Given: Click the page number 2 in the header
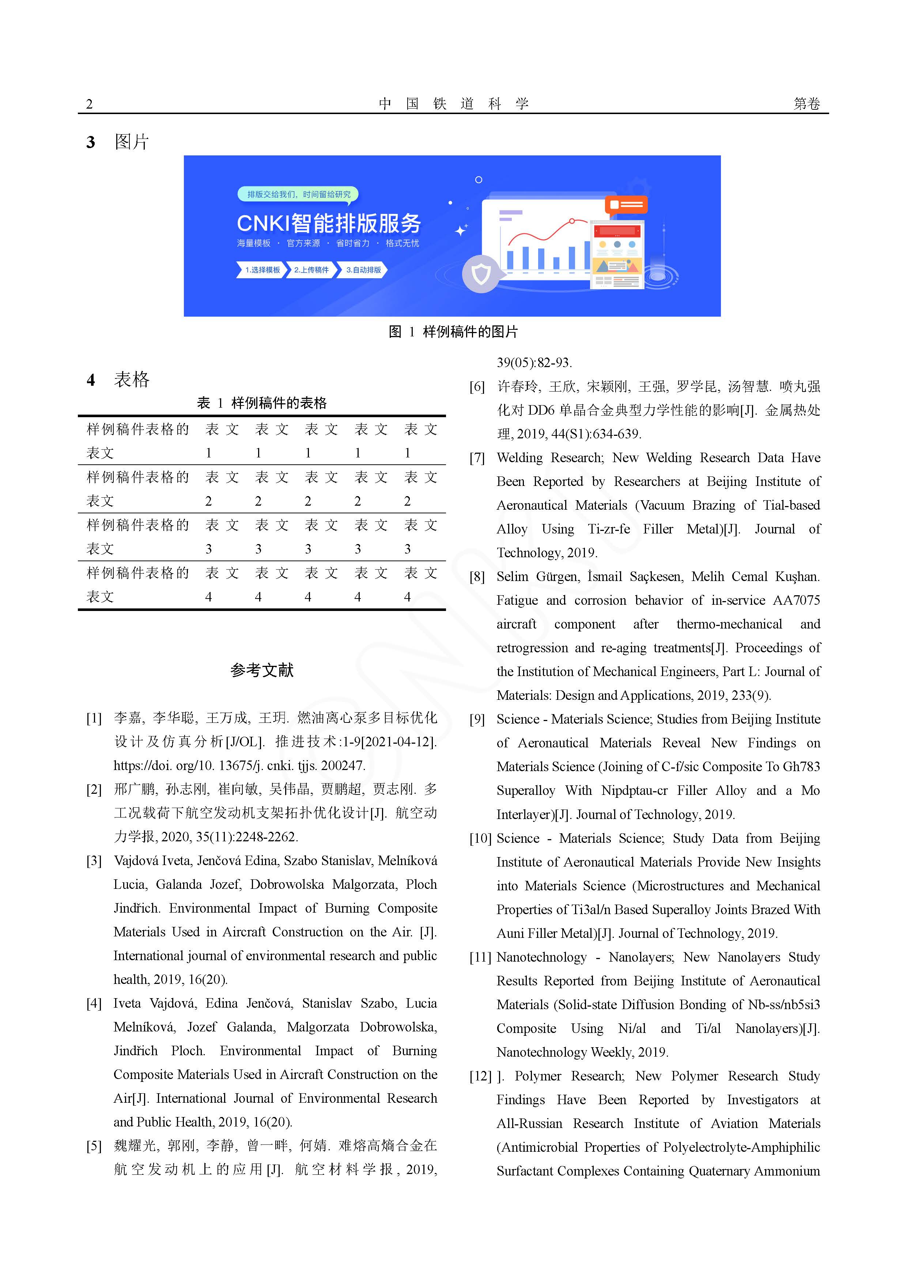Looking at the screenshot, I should tap(90, 104).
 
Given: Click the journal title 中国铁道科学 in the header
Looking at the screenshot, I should tap(453, 103).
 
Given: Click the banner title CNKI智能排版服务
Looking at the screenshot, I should tap(329, 223).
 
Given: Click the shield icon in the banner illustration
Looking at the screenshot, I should tap(481, 274).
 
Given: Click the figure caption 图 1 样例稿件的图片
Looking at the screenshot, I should tap(453, 332).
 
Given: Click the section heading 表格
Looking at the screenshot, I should tap(132, 380).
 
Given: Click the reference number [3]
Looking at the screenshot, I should tap(94, 861).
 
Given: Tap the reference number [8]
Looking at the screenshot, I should tap(477, 577).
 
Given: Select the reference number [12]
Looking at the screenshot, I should tap(480, 1076).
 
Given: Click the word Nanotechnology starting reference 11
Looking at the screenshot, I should tap(541, 957).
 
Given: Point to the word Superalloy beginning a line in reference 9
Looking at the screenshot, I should tap(526, 791).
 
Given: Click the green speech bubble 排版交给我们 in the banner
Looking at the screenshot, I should tap(298, 195).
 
